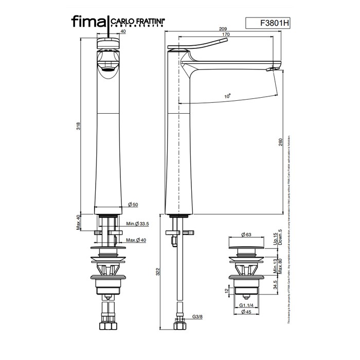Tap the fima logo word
click(89, 21)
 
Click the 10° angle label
click(227, 96)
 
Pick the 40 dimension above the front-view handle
click(123, 31)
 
